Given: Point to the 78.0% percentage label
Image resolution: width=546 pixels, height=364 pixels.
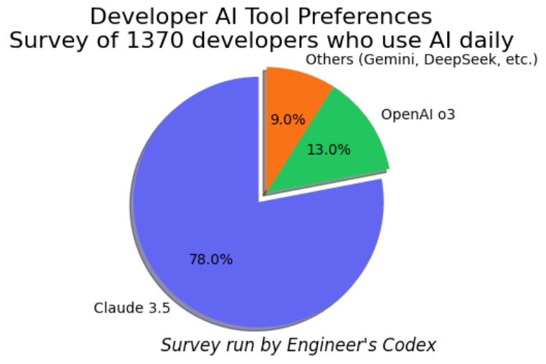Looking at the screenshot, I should tap(211, 259).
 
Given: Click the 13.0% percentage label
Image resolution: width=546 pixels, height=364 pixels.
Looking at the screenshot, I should tap(329, 149).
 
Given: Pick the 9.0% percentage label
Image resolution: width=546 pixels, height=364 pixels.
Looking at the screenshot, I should tap(288, 119).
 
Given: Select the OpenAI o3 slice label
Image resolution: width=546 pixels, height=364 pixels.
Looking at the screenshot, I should tap(418, 114).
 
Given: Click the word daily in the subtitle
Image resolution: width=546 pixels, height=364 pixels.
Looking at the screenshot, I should tap(486, 39).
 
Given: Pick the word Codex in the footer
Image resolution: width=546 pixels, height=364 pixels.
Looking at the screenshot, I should tap(410, 345).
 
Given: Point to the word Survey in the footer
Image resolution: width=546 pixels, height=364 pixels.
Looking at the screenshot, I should tap(185, 345).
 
